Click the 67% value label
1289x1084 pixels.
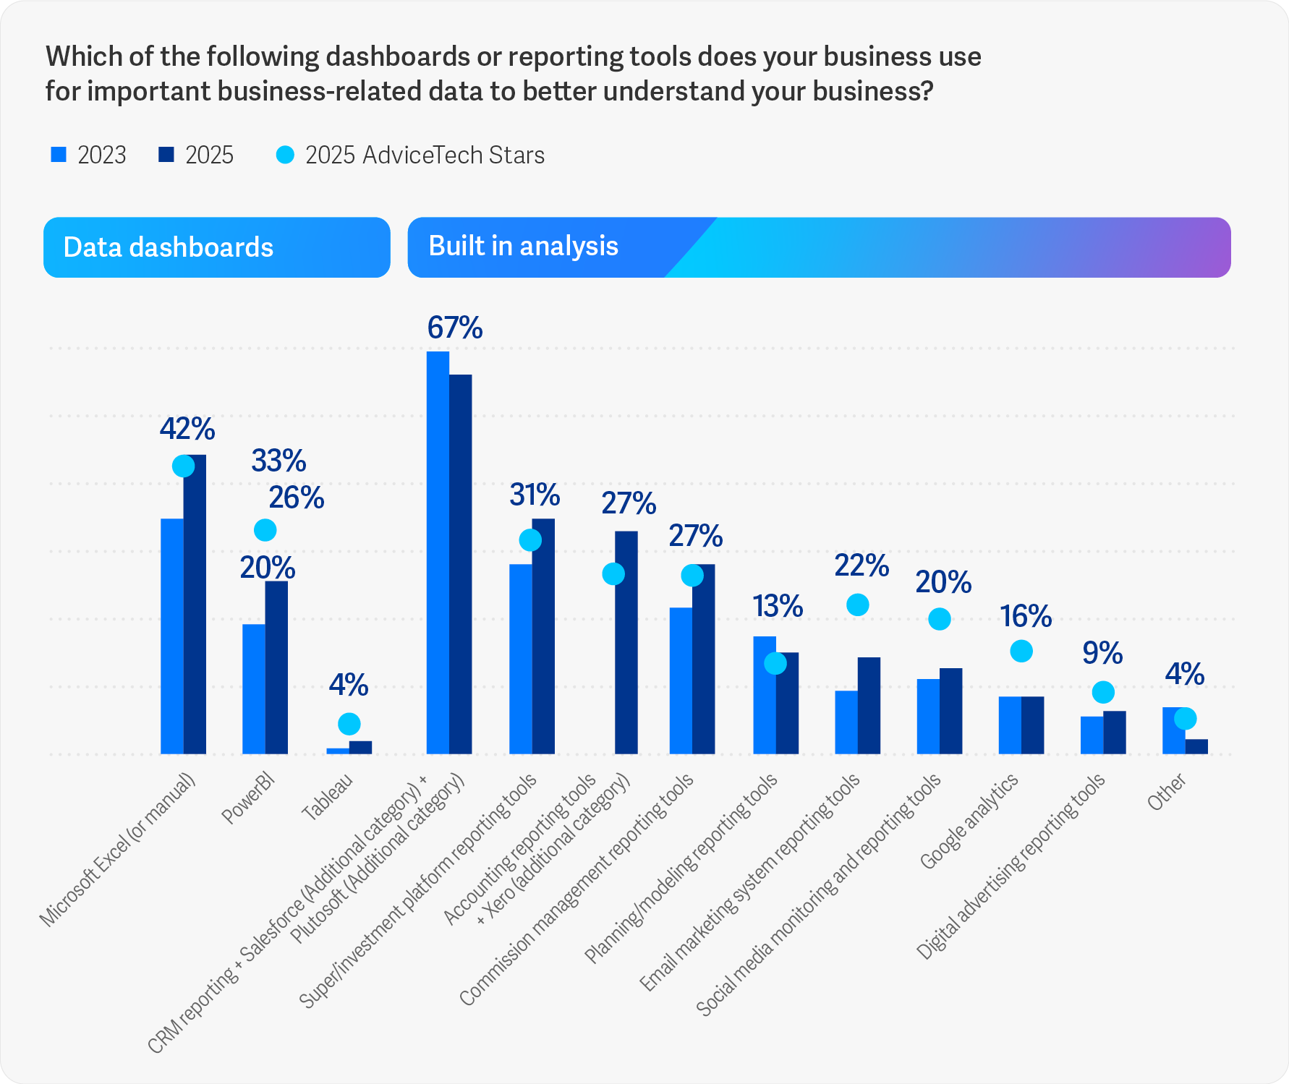(x=455, y=328)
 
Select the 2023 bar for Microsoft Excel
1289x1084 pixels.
(x=172, y=636)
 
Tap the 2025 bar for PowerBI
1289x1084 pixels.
(x=276, y=667)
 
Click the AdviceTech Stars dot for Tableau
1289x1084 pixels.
(x=349, y=724)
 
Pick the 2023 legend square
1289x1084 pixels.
(x=59, y=155)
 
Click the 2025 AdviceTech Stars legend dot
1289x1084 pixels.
(x=286, y=155)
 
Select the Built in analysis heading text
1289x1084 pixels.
(x=523, y=247)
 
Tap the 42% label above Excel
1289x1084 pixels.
(x=187, y=430)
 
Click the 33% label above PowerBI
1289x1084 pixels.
(x=278, y=461)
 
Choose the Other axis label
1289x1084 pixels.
(x=1167, y=792)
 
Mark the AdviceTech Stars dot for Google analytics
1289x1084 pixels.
(x=1021, y=652)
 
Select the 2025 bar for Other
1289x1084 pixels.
(x=1196, y=746)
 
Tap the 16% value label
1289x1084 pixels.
(x=1026, y=617)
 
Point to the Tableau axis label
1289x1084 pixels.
(x=327, y=796)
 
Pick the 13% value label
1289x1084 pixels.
(x=778, y=607)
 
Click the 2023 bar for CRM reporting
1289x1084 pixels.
(x=438, y=552)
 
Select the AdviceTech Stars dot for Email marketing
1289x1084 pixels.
(x=857, y=605)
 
